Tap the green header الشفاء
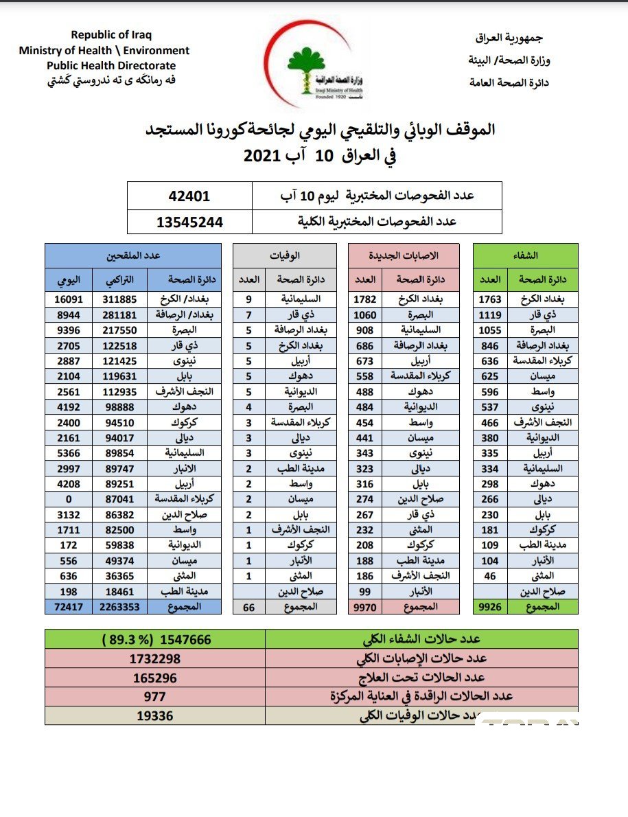(525, 255)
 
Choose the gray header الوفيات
(285, 255)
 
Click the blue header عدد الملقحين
(133, 255)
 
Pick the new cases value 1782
(365, 299)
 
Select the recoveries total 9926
(490, 607)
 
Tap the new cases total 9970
(365, 607)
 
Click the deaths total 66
(249, 607)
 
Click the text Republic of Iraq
(111, 35)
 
